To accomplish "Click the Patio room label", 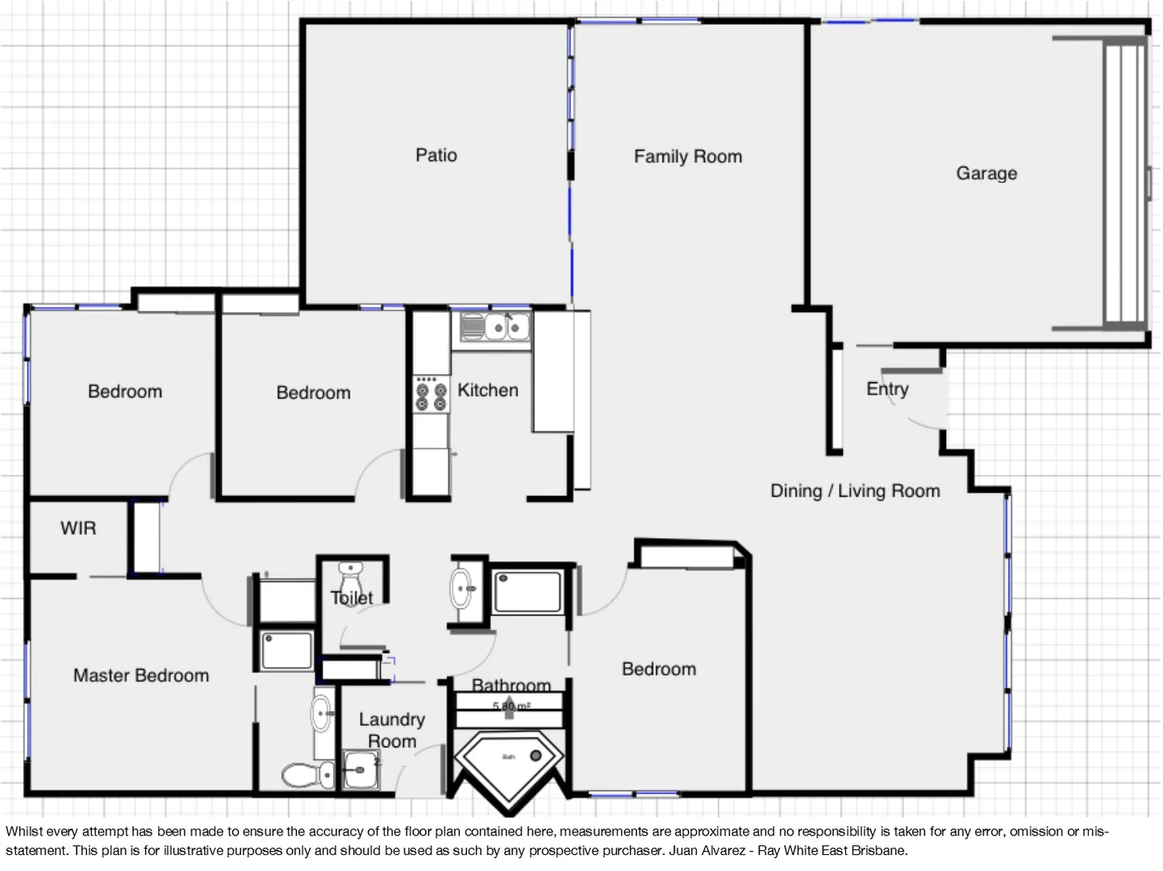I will (436, 155).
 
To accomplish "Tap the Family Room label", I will (687, 156).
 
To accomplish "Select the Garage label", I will (986, 173).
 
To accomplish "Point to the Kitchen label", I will (487, 390).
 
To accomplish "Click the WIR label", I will (78, 528).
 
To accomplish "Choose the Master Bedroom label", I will (141, 676).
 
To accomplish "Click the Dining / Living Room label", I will (855, 491).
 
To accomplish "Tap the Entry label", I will (887, 389).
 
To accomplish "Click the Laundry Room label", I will (392, 730).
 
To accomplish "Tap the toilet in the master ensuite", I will (306, 776).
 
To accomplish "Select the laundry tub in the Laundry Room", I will (361, 770).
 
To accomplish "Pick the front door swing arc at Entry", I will (919, 411).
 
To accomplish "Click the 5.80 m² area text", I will (511, 706).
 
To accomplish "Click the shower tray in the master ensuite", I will (287, 651).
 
